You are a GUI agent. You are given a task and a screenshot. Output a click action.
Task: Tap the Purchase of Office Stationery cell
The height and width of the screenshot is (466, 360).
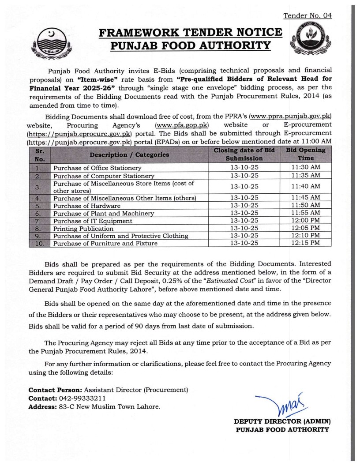point(97,168)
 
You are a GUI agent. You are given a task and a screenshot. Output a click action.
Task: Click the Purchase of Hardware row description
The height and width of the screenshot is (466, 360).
point(86,206)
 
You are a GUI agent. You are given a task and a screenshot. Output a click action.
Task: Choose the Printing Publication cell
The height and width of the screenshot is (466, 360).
point(83,229)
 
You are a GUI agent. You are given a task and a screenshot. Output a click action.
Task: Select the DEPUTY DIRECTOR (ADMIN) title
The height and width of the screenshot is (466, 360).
point(282,421)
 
